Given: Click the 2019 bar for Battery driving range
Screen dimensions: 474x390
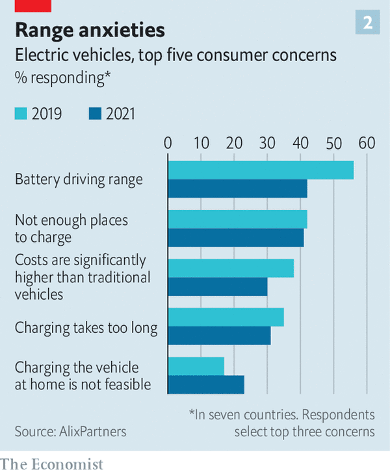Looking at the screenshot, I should click(x=261, y=170).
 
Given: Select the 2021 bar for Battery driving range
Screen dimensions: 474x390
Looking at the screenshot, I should click(x=237, y=189).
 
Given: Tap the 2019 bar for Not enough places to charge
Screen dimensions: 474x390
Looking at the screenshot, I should click(x=237, y=219).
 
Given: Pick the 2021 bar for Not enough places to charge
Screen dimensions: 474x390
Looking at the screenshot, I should click(x=235, y=238).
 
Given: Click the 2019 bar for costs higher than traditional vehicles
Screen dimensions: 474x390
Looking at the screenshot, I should click(x=231, y=268).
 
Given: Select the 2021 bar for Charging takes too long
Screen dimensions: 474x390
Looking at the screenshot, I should click(x=219, y=336).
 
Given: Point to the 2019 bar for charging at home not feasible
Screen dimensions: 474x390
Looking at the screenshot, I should click(x=196, y=366).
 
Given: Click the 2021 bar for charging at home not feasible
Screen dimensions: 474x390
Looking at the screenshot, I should click(x=206, y=384).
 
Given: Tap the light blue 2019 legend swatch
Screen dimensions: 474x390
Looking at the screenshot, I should click(x=21, y=114).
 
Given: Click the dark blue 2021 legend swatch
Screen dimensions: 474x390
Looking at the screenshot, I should click(x=96, y=114).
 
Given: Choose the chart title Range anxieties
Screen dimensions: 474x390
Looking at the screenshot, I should click(x=90, y=30).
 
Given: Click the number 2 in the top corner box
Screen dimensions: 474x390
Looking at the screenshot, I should click(x=368, y=23).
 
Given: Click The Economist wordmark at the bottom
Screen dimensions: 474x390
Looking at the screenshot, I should click(x=52, y=464).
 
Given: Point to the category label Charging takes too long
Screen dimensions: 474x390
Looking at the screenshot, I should click(x=86, y=327).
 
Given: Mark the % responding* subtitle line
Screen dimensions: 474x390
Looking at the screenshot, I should click(x=63, y=77).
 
